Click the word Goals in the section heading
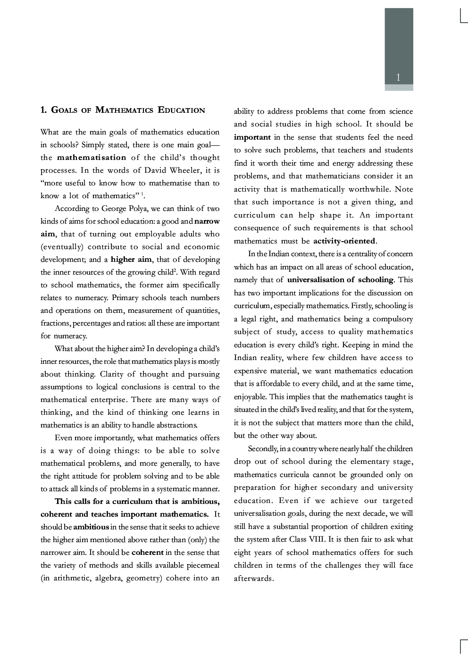[64, 110]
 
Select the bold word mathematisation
[92, 158]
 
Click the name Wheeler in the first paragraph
[185, 170]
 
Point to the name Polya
[138, 209]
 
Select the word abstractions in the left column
[174, 425]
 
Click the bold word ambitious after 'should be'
[91, 527]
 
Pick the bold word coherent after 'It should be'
[147, 553]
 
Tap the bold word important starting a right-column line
[252, 137]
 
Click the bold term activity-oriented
[344, 241]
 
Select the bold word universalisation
[316, 280]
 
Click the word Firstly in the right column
[363, 306]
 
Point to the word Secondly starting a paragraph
[263, 449]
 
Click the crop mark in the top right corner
[462, 18]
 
